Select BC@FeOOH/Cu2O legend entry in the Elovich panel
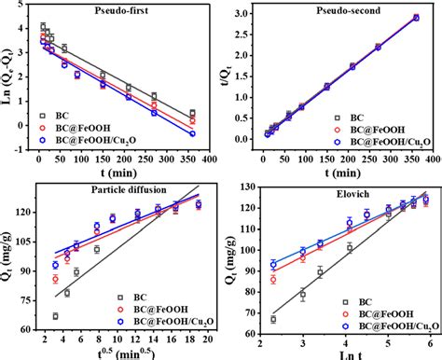[x=385, y=327]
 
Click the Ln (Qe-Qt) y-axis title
[x=9, y=82]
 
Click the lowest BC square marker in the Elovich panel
[x=273, y=319]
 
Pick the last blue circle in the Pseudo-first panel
[x=192, y=134]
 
